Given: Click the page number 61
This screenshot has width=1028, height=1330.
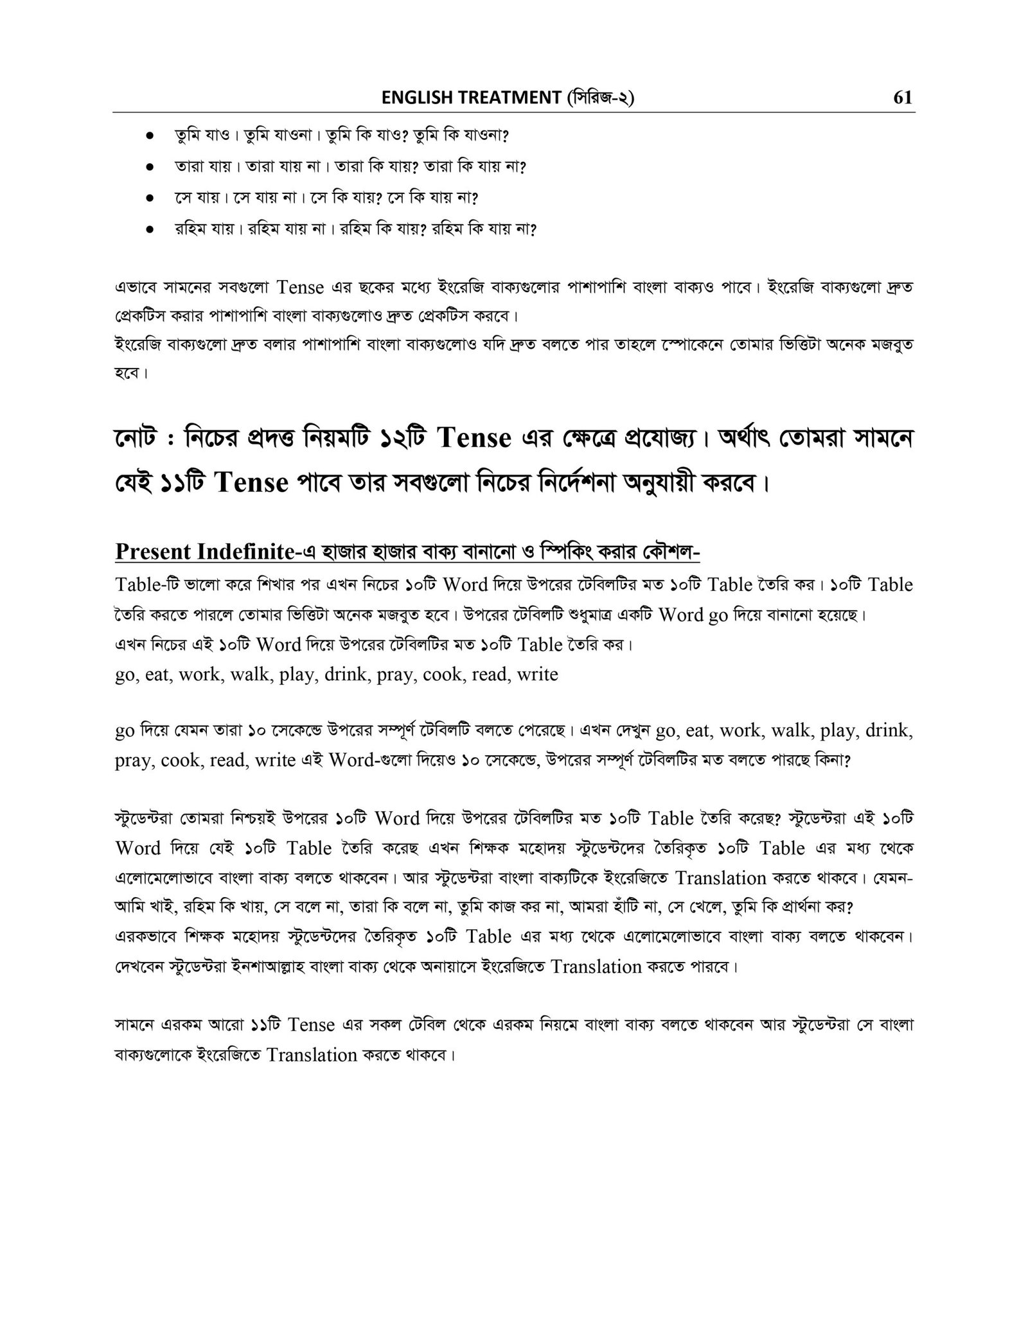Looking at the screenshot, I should point(902,98).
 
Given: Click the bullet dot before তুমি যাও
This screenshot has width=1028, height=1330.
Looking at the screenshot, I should point(149,137).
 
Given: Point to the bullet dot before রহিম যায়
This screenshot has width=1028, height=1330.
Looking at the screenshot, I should point(149,229).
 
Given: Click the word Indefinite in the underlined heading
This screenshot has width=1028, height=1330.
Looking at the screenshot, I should point(246,551).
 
